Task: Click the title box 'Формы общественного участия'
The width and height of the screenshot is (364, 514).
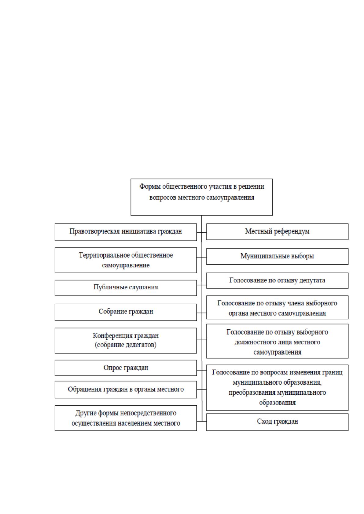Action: click(201, 197)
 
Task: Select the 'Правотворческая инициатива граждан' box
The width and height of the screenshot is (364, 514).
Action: click(126, 232)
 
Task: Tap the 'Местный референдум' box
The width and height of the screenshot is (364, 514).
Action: click(277, 232)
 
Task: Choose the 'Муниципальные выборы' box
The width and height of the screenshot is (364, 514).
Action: click(277, 256)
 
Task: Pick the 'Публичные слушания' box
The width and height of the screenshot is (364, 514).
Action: click(126, 288)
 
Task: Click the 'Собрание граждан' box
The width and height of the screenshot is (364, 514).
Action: click(126, 312)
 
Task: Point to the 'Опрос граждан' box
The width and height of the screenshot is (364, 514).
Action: click(126, 368)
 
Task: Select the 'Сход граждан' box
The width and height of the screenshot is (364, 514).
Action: click(277, 422)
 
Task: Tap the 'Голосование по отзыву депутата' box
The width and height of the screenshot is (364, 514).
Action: click(277, 281)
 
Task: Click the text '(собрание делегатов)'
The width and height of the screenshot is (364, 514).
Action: click(126, 345)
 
